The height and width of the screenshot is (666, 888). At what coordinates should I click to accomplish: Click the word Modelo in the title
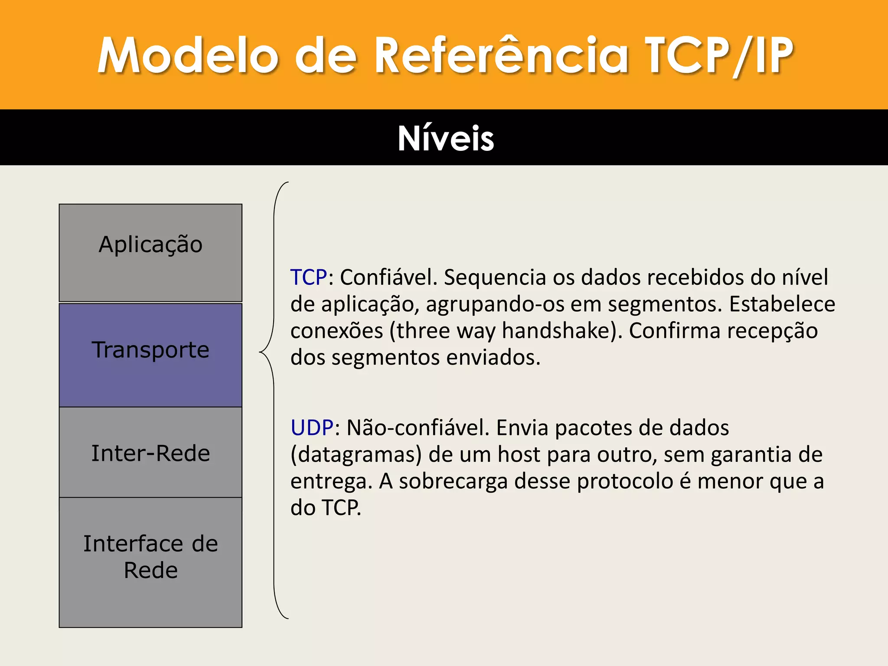point(187,55)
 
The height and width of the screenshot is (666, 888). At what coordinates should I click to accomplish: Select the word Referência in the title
point(501,55)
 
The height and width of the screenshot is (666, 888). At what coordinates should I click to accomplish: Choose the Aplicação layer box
point(150,252)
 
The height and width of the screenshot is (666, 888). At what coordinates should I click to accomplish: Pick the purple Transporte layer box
point(150,355)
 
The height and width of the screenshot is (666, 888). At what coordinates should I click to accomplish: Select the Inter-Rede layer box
point(150,452)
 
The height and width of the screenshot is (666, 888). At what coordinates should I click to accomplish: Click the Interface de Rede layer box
point(150,562)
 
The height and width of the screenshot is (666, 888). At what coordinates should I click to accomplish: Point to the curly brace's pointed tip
point(261,352)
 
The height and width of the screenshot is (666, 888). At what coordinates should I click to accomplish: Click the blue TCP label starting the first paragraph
point(309,277)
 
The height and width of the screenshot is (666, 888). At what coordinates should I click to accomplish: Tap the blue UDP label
point(312,428)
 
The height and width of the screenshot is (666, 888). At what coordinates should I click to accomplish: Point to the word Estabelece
point(782,304)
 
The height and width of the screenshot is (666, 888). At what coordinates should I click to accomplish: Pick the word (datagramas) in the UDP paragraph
point(356,455)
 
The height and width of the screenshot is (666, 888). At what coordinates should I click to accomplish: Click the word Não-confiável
point(418,428)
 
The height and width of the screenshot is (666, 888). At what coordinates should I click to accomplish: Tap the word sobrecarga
point(453,482)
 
